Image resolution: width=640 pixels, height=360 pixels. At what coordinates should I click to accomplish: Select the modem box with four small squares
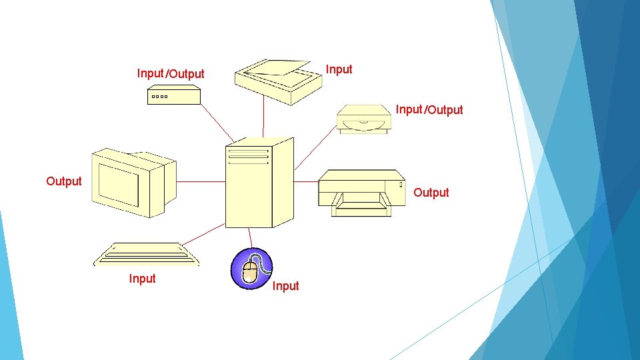pyautogui.click(x=173, y=96)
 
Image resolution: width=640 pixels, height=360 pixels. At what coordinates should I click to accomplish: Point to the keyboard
pyautogui.click(x=147, y=254)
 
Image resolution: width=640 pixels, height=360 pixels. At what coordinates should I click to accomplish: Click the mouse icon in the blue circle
pyautogui.click(x=251, y=269)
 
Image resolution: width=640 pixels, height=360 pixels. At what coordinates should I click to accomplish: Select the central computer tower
pyautogui.click(x=259, y=183)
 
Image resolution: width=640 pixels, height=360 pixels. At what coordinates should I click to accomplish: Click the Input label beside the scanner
pyautogui.click(x=339, y=69)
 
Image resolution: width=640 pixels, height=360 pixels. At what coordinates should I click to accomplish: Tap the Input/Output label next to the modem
pyautogui.click(x=171, y=73)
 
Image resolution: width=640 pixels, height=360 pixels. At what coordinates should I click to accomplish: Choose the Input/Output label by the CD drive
pyautogui.click(x=429, y=109)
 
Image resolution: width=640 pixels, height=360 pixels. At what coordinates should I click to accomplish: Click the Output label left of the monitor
pyautogui.click(x=64, y=181)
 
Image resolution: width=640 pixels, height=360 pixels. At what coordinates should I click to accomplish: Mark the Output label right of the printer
pyautogui.click(x=431, y=193)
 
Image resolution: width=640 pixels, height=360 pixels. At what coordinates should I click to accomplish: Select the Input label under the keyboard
pyautogui.click(x=143, y=279)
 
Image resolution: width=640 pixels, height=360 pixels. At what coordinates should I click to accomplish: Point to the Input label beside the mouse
pyautogui.click(x=286, y=286)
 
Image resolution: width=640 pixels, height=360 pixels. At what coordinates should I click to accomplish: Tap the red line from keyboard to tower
pyautogui.click(x=203, y=234)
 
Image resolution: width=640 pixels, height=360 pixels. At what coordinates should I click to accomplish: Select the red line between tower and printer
pyautogui.click(x=306, y=181)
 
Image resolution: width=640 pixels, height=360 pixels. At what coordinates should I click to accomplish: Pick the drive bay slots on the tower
pyautogui.click(x=248, y=156)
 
